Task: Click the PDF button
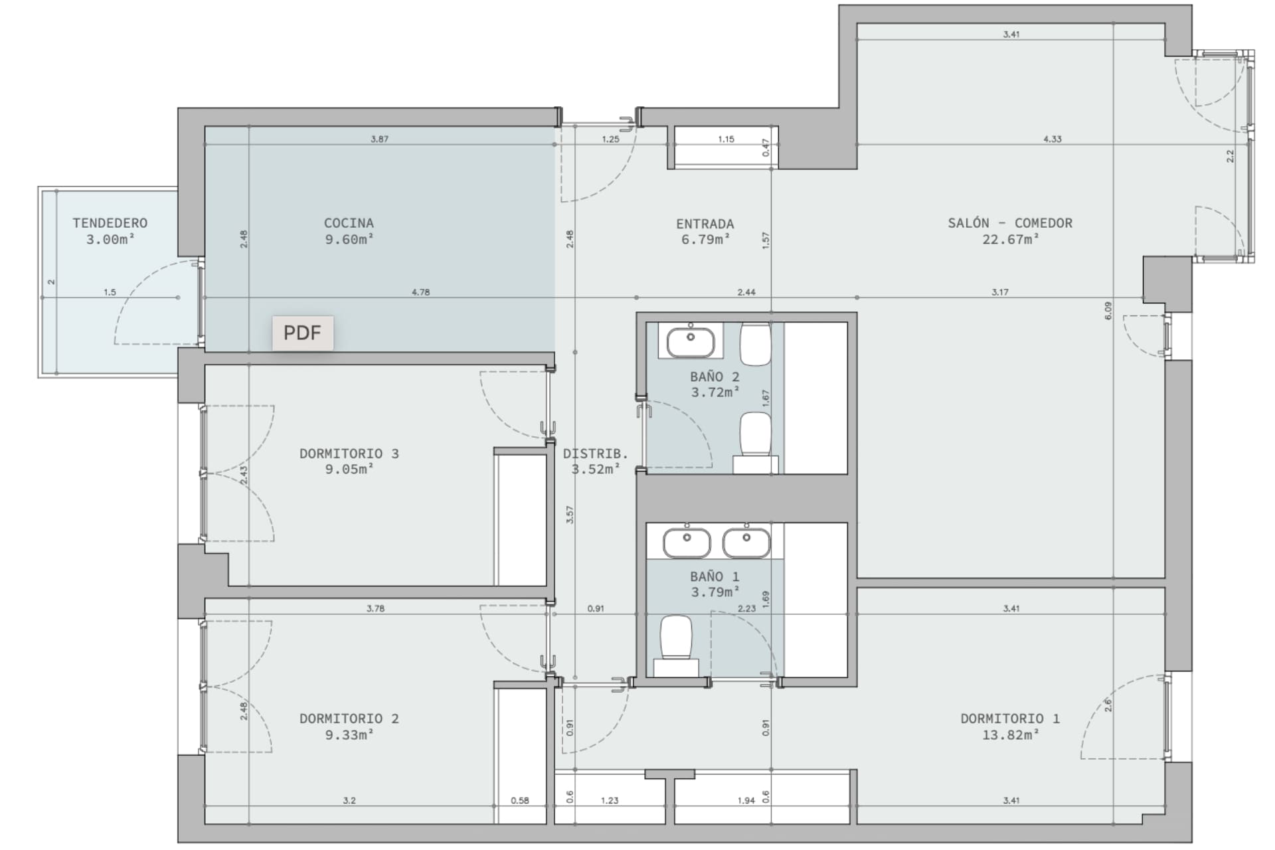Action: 302,333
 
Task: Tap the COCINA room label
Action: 349,223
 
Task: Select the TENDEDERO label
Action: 110,223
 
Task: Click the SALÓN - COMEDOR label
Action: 1010,223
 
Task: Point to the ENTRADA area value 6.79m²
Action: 706,240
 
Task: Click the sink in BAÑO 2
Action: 691,342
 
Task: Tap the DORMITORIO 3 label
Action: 349,454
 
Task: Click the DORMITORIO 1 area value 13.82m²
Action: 1010,735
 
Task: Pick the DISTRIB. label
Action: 596,454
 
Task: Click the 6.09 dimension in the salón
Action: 1108,311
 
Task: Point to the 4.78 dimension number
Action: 420,292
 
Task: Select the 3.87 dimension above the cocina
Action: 379,139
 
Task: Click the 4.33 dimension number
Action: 1052,139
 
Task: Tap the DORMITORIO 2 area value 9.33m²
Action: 349,735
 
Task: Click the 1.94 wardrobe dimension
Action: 746,801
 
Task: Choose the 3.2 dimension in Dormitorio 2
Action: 349,801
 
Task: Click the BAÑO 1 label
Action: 715,577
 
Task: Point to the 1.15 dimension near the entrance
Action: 726,139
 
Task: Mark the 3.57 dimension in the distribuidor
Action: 570,515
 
